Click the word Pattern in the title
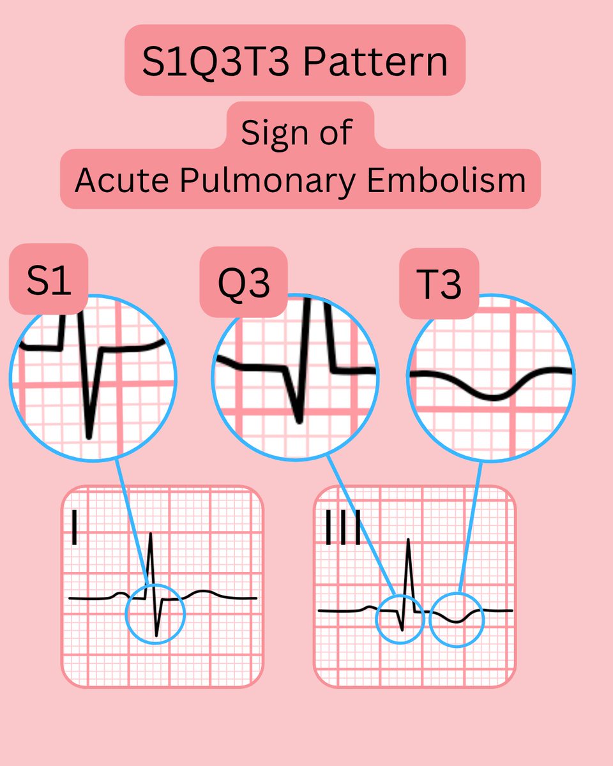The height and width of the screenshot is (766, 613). [x=375, y=62]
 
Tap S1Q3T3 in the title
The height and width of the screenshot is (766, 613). [x=214, y=62]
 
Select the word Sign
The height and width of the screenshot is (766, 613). [x=271, y=133]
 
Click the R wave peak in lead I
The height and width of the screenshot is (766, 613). [x=151, y=534]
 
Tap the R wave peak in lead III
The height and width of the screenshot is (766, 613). [x=409, y=541]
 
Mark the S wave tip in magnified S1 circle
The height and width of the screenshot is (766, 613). [x=89, y=437]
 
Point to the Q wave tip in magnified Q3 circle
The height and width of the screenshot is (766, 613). [x=299, y=421]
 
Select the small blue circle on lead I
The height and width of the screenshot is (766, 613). [x=155, y=613]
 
